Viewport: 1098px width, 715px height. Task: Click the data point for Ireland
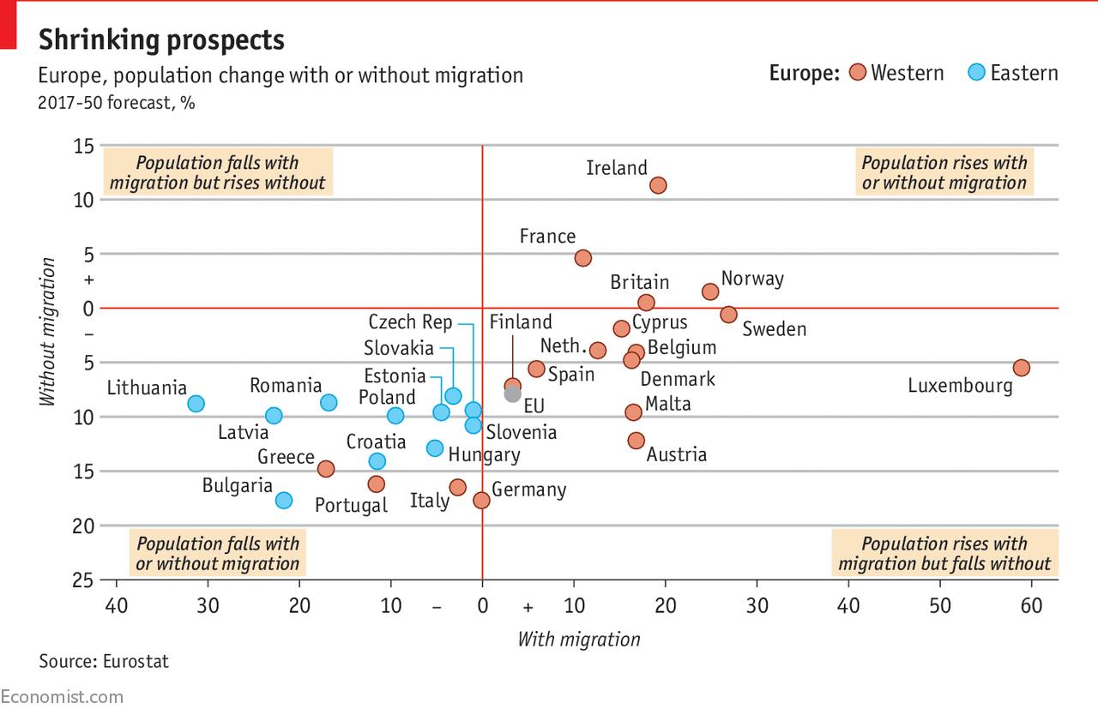pos(658,185)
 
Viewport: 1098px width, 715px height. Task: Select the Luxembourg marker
pos(1021,368)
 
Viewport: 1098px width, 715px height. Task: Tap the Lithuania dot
pos(196,404)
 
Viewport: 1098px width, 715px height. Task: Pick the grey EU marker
pos(513,394)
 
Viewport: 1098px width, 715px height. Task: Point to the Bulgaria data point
pos(284,500)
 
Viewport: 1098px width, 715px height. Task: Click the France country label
pos(547,237)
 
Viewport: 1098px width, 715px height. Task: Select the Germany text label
pos(528,490)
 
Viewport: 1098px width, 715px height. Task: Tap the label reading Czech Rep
pos(410,322)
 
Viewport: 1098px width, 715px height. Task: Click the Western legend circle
pos(856,73)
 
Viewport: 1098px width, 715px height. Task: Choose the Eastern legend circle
pos(976,73)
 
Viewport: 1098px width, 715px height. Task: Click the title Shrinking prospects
pos(161,39)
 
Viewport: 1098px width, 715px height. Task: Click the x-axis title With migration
pos(579,639)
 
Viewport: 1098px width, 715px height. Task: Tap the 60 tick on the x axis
pos(1031,606)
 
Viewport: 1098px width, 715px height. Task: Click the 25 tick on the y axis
pos(83,580)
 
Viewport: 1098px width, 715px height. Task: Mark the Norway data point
pos(710,291)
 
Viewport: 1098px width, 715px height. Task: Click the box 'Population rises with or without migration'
pos(944,172)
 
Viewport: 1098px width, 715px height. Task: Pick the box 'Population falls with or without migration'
pos(218,553)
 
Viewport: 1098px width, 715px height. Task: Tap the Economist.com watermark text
pos(62,697)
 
